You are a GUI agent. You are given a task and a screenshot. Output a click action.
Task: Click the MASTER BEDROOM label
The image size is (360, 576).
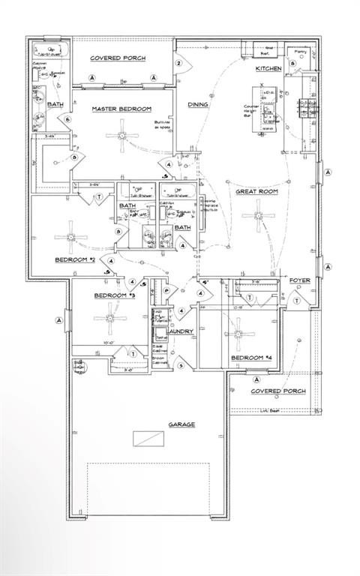pyautogui.click(x=121, y=109)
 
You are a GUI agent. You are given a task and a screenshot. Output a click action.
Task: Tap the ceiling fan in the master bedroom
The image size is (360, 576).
pyautogui.click(x=121, y=135)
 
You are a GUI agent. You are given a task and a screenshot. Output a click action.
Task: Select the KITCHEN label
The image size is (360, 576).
pyautogui.click(x=268, y=68)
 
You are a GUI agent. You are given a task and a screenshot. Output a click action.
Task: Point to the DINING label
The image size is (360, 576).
pyautogui.click(x=197, y=105)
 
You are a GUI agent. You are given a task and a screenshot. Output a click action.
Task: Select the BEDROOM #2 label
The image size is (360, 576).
pyautogui.click(x=74, y=259)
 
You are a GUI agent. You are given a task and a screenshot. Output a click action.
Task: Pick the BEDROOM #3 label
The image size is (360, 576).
pyautogui.click(x=114, y=295)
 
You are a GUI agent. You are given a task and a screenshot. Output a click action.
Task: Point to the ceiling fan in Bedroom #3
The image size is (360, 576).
pyautogui.click(x=109, y=316)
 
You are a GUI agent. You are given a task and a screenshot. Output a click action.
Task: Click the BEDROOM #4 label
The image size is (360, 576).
pyautogui.click(x=250, y=358)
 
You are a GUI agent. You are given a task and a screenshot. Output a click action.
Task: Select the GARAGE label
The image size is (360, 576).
pyautogui.click(x=181, y=424)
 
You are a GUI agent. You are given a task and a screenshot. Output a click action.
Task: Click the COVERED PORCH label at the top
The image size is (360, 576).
pyautogui.click(x=118, y=58)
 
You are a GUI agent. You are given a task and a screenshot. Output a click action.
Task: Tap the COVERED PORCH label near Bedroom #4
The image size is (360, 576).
pyautogui.click(x=277, y=391)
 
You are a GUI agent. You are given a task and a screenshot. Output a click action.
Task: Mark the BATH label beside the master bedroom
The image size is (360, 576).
pyautogui.click(x=55, y=104)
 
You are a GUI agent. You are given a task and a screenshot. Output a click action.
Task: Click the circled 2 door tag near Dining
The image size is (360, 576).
pyautogui.click(x=179, y=63)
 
